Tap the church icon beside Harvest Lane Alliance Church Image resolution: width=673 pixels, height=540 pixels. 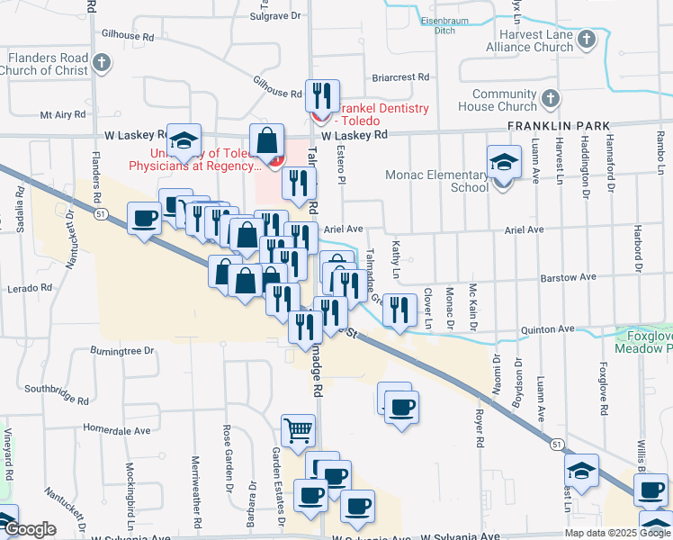coord(588,40)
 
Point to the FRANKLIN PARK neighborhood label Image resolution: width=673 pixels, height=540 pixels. coord(558,126)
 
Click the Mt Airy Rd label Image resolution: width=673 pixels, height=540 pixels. coord(63,115)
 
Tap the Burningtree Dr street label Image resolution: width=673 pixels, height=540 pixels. coord(122,350)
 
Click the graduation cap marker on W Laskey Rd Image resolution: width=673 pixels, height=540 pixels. coord(183,140)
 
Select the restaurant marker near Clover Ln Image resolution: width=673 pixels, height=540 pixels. coord(399,309)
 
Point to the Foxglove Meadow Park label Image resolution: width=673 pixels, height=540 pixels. coord(643,342)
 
